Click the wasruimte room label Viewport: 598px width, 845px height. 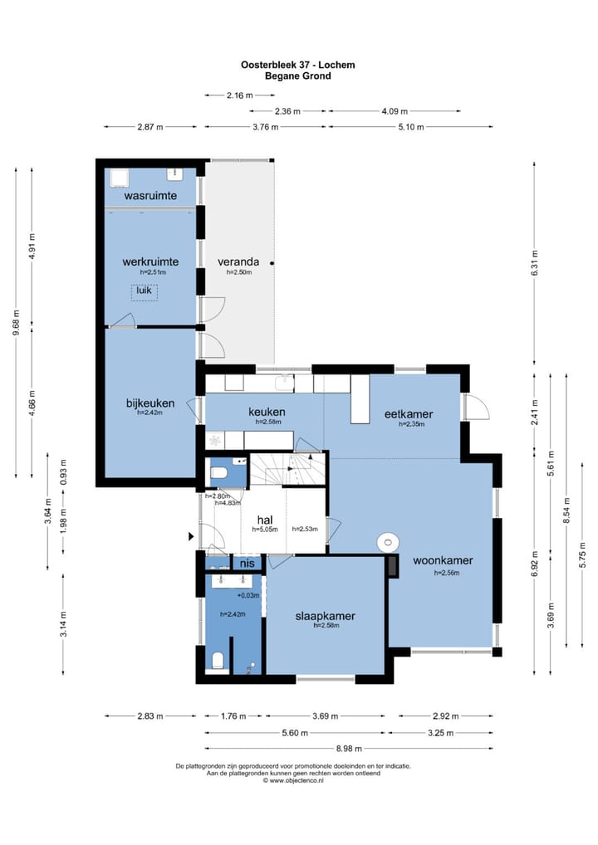pos(150,196)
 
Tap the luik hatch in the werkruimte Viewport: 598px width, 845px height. pos(144,291)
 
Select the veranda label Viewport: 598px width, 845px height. pos(238,262)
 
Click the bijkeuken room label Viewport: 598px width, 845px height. pos(150,403)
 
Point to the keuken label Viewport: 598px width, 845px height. pos(267,413)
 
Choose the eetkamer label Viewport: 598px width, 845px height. pos(409,414)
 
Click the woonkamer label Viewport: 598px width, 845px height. pos(443,560)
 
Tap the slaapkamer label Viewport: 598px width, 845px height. pos(325,616)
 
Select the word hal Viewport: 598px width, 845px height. pos(265,520)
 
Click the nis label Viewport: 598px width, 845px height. pos(247,564)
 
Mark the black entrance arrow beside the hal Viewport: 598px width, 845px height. pos(191,537)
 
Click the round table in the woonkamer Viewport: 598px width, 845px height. pos(388,541)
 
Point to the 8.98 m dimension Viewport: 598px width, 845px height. pos(349,749)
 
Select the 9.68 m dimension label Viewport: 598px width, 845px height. pos(16,323)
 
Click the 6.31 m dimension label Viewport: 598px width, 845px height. pos(534,263)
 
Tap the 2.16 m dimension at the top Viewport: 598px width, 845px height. pos(239,95)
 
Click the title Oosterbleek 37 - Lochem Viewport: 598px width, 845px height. pos(297,65)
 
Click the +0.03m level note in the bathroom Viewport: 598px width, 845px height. pos(248,595)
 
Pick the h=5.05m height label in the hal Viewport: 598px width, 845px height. pos(265,530)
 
